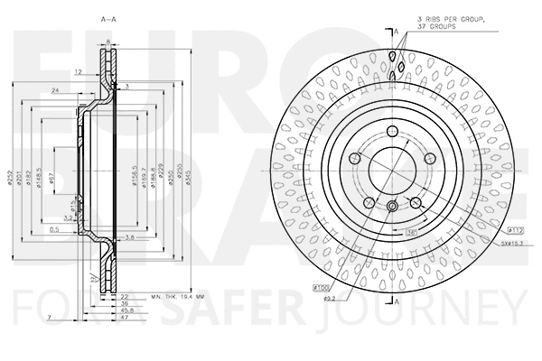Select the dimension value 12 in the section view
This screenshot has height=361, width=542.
(x=79, y=71)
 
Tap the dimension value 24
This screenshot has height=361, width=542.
(x=56, y=90)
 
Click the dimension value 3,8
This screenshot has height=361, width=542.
(x=131, y=238)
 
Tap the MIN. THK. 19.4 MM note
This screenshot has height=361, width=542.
(x=179, y=295)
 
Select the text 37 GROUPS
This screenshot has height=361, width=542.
(x=436, y=27)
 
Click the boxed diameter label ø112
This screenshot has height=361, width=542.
(x=517, y=231)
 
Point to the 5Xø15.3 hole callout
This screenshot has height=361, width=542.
(x=516, y=242)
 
